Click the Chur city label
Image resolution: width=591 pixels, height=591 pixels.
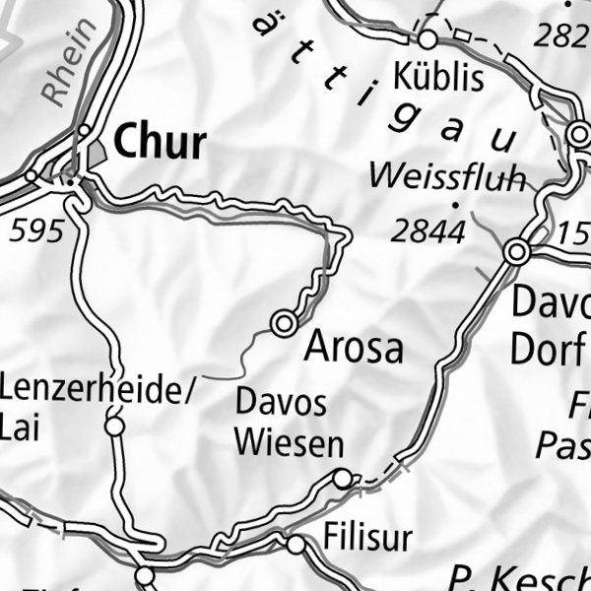[x=160, y=143]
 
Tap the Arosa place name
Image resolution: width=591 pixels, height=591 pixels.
[x=354, y=348]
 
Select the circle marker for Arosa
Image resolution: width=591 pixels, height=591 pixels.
[x=285, y=322]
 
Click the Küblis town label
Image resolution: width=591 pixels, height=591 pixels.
[x=438, y=76]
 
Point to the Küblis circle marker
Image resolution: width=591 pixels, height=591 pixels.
[x=427, y=39]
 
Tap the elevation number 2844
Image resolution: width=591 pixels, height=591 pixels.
[x=427, y=232]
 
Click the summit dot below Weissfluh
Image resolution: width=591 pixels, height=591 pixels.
[x=455, y=205]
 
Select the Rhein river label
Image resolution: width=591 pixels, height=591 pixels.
[x=70, y=62]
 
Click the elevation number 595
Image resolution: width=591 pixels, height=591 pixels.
[x=35, y=231]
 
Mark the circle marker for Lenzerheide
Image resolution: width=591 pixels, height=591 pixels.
[x=115, y=427]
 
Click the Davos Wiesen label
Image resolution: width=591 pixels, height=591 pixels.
[x=289, y=424]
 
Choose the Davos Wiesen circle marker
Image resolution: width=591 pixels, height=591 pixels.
[x=342, y=479]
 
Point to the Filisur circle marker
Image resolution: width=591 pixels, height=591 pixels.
[x=295, y=544]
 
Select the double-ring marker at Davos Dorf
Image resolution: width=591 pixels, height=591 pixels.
[x=516, y=253]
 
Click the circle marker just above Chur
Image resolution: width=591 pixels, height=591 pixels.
[x=86, y=130]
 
